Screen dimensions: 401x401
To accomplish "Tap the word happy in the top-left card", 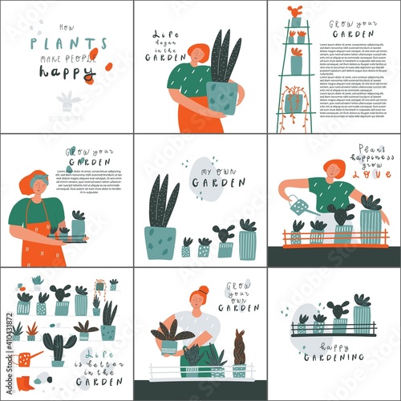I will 67,71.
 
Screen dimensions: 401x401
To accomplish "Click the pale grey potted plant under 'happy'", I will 67,100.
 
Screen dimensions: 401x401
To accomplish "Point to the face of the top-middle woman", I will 197,54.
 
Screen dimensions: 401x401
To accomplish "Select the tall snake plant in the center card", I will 163,205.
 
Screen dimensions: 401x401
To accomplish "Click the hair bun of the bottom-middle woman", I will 204,290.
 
